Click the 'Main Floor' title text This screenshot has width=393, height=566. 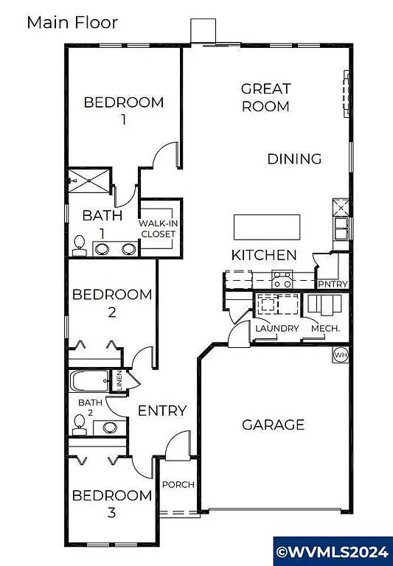point(72,22)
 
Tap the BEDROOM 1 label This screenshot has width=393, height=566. point(123,109)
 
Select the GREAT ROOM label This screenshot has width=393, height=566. point(265,97)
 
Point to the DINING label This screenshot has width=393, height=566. point(294,158)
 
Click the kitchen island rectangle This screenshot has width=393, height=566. point(267,226)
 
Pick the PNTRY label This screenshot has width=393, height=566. point(332,284)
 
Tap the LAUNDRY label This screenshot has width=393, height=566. point(277,328)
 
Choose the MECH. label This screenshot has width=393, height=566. point(325,328)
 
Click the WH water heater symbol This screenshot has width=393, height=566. point(340,355)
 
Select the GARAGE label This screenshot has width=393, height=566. point(273,424)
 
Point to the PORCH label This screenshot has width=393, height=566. point(178,484)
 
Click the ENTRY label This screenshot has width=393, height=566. point(162,410)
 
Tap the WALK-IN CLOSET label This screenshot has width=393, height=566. point(159,228)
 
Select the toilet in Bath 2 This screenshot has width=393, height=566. point(79,422)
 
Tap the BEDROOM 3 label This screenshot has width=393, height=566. point(112,503)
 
